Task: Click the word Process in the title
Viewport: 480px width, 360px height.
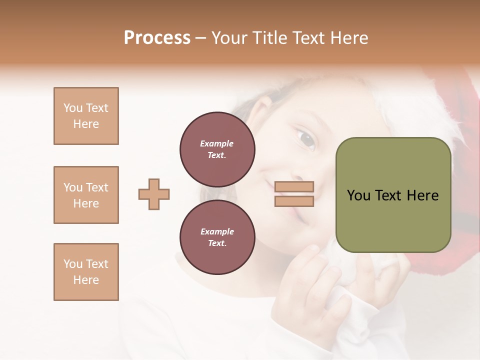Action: (x=157, y=38)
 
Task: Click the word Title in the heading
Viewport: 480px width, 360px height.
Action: (x=267, y=38)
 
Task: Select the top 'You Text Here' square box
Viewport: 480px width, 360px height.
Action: (x=86, y=116)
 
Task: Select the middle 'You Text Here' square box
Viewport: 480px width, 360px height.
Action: (x=86, y=195)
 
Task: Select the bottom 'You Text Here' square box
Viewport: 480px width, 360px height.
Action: (x=86, y=272)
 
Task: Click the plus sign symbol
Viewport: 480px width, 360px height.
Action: (x=154, y=194)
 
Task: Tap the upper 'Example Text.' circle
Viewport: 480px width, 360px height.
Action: (x=217, y=149)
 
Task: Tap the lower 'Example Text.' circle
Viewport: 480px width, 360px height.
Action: (x=217, y=237)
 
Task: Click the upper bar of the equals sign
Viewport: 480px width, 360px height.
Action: (x=294, y=187)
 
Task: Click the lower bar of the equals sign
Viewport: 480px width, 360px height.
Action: (x=294, y=201)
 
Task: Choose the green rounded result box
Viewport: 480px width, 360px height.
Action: (x=393, y=195)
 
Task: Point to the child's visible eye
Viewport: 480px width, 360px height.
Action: (x=305, y=138)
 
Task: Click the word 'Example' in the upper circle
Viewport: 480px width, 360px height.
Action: (x=217, y=144)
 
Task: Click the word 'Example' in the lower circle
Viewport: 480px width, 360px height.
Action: (x=217, y=232)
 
